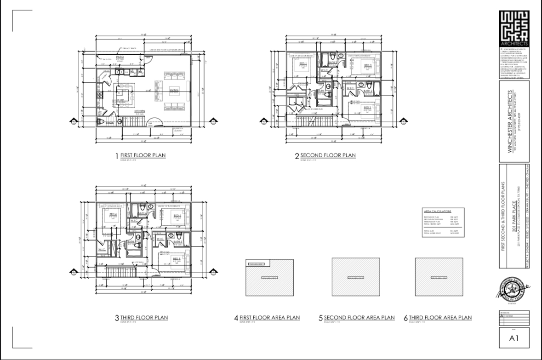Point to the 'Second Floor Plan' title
tap(328, 155)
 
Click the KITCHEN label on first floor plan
tap(140, 111)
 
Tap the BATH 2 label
tap(368, 91)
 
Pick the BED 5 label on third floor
tap(176, 259)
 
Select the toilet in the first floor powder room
tap(102, 122)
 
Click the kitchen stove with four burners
tap(98, 95)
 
